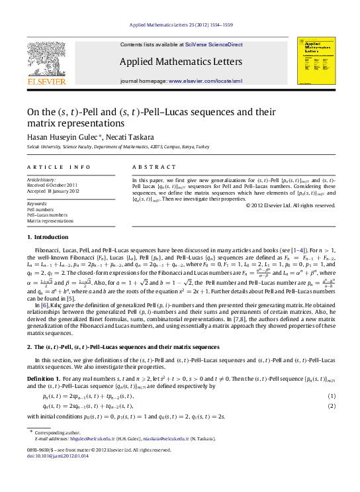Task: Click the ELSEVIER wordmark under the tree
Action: click(46, 82)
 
